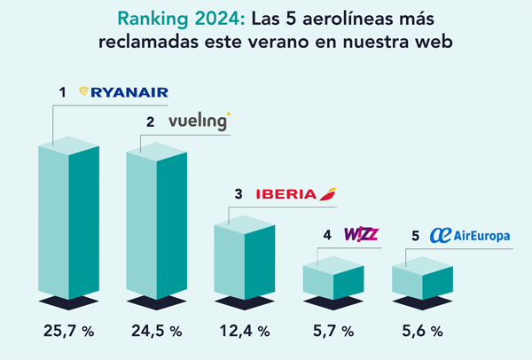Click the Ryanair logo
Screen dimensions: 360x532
[x=123, y=92]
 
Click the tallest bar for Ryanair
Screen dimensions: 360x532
[x=68, y=222]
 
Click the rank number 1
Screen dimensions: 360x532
[x=63, y=92]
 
